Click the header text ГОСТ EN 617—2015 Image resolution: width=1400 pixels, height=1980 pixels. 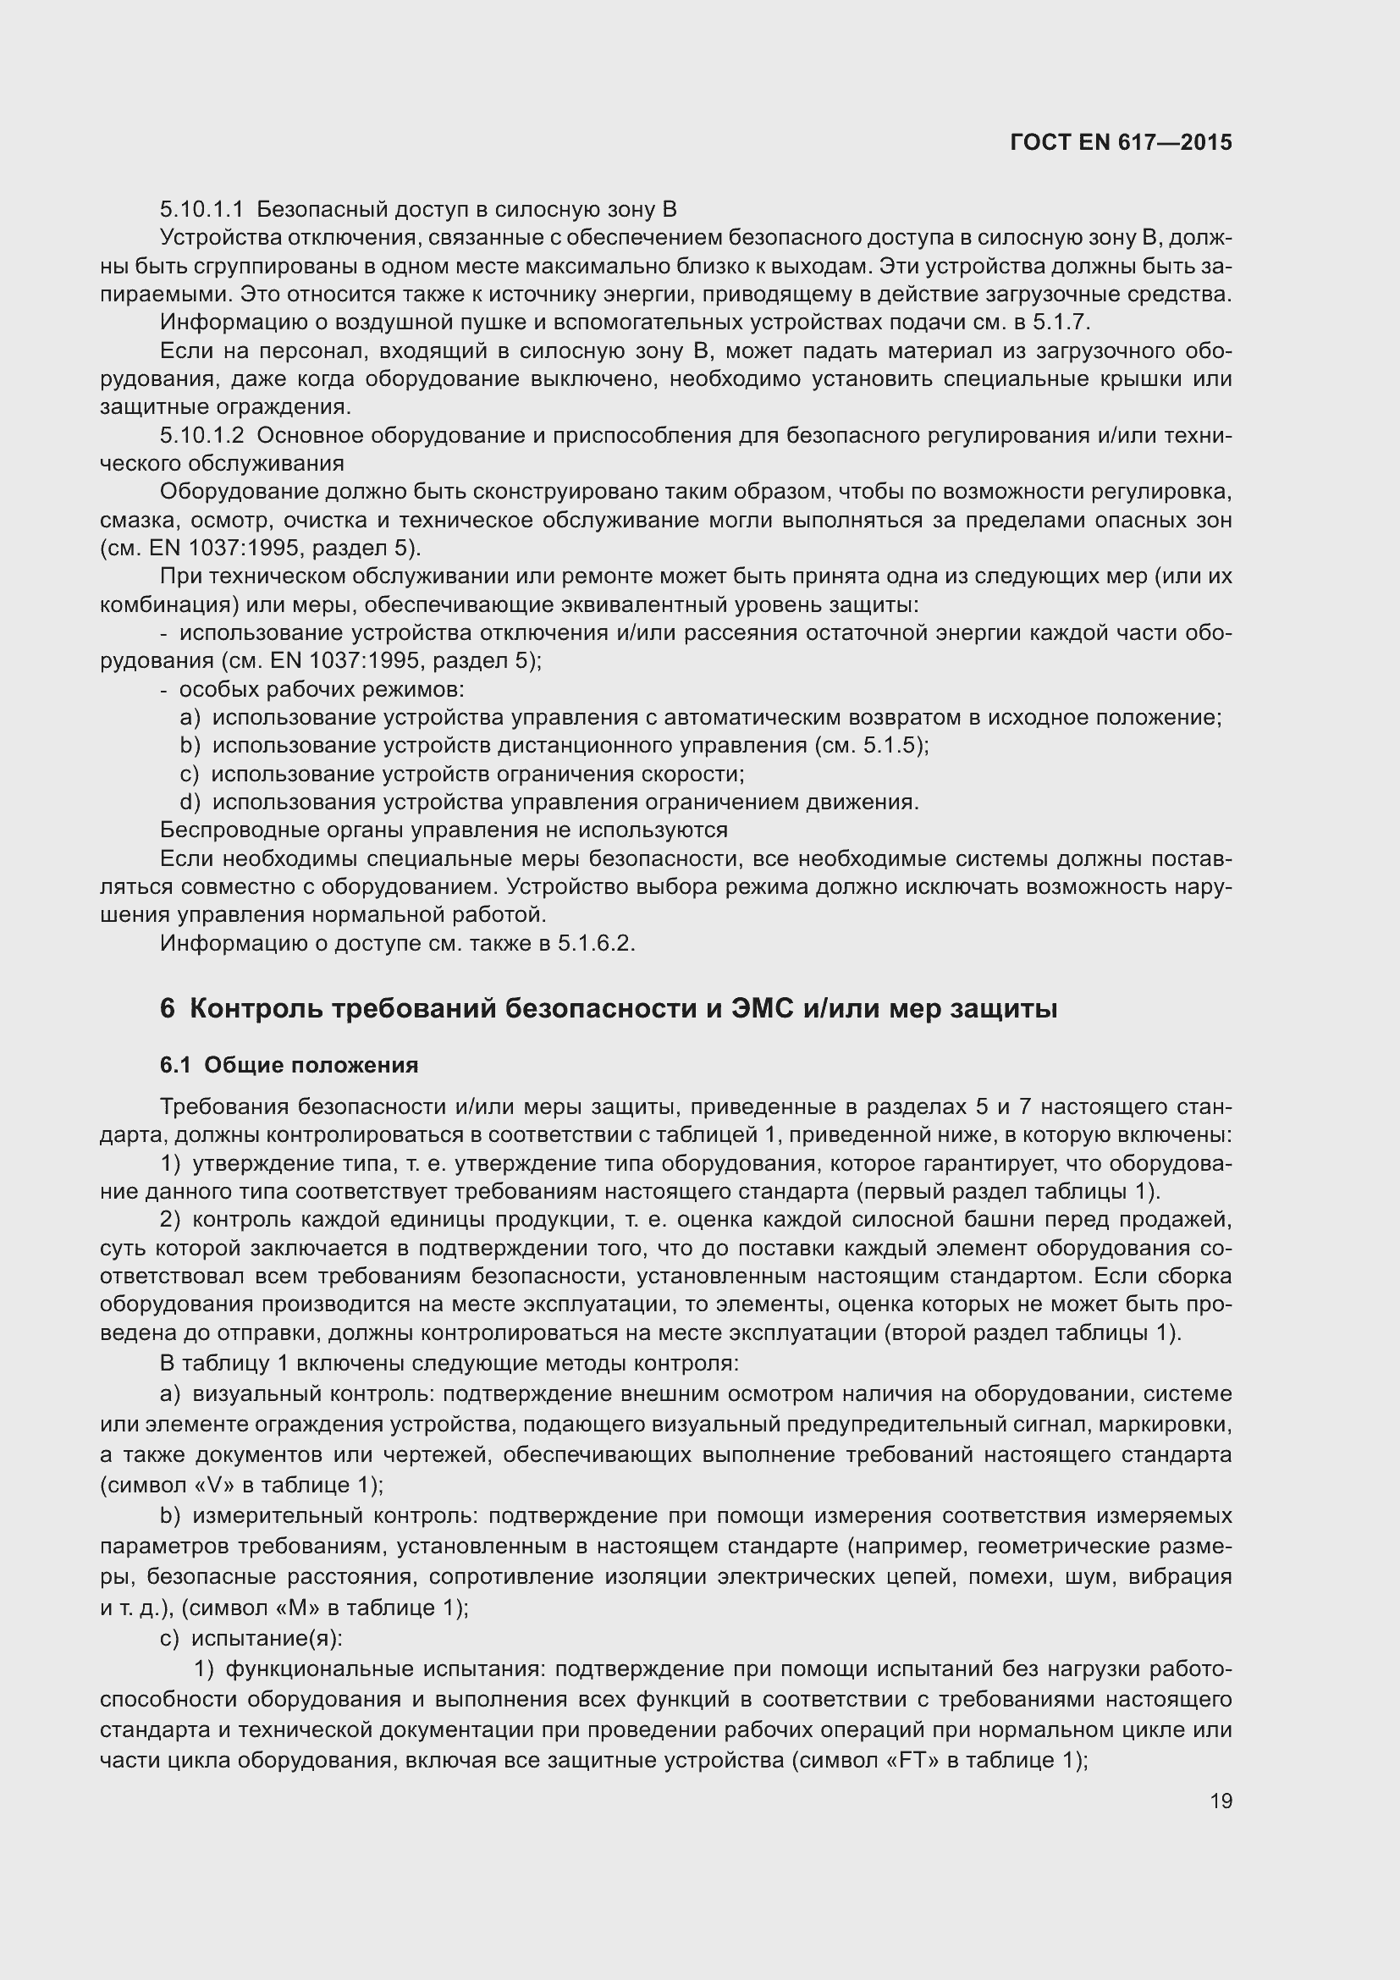[1120, 143]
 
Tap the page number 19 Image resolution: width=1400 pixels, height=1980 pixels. [1221, 1801]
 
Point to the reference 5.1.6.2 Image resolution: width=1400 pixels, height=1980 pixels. [595, 943]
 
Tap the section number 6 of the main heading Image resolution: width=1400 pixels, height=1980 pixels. [168, 1008]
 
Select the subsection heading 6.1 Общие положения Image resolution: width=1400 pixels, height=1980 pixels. [289, 1065]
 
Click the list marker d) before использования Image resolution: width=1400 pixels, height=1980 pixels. [190, 802]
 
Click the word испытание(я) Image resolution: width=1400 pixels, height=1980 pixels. [267, 1639]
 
